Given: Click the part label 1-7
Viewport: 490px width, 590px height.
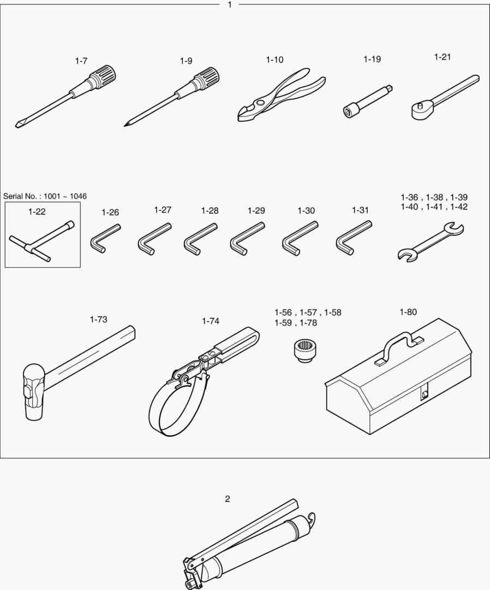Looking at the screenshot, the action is pos(81,61).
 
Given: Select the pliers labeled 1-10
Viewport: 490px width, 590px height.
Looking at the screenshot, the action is pos(281,95).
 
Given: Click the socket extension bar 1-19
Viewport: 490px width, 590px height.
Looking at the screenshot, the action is pos(368,102).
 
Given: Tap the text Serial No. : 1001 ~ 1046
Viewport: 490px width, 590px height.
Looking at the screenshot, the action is pos(45,196).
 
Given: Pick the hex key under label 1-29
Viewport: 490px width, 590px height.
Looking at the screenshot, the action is pos(247,239).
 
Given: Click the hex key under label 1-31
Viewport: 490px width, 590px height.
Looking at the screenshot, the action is pos(353,238).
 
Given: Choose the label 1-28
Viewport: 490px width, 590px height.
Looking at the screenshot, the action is pos(210,211).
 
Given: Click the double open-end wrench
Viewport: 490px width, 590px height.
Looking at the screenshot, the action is pos(431,242).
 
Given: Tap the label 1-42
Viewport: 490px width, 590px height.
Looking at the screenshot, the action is pos(459,206).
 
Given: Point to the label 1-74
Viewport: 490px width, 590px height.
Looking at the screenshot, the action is pos(211,321).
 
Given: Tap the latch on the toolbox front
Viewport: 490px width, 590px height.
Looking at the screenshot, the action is pos(424,393).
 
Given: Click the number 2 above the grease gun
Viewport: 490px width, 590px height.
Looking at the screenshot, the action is pos(228,499).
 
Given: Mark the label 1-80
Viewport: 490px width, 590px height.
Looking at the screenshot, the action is pos(408,312).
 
